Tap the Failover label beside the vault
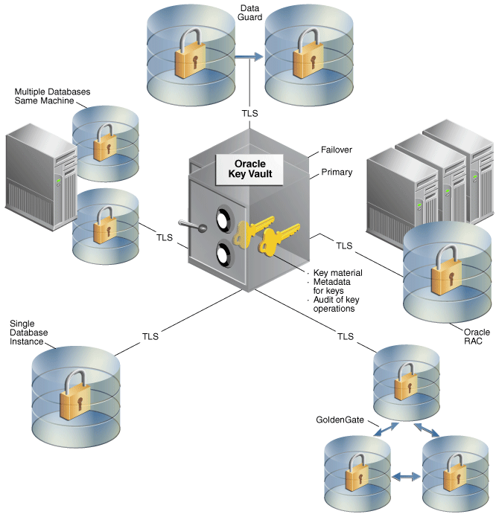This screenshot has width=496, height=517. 336,149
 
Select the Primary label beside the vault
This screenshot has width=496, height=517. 336,172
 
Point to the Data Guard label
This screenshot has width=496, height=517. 250,12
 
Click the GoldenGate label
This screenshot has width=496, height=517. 340,420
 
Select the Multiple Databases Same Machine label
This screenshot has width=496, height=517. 52,96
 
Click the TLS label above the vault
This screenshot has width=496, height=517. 250,113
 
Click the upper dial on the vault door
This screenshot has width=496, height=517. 223,216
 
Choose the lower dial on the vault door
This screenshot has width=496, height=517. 223,254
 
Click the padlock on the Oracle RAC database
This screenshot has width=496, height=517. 447,277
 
